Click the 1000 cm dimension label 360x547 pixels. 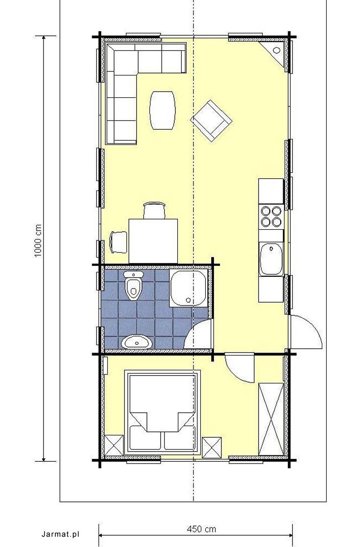click(x=38, y=241)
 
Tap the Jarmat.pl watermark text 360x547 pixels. click(x=60, y=534)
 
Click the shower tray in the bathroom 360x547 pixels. click(x=189, y=288)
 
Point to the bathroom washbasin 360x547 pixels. click(x=137, y=342)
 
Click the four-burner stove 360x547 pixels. click(x=271, y=216)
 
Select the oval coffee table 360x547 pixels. click(x=162, y=110)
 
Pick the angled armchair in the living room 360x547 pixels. click(x=212, y=120)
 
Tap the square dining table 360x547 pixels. click(x=153, y=241)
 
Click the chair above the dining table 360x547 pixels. click(x=154, y=211)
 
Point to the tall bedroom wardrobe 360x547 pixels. click(x=271, y=419)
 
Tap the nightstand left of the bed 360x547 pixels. click(x=114, y=445)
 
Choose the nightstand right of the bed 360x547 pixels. click(x=212, y=447)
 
